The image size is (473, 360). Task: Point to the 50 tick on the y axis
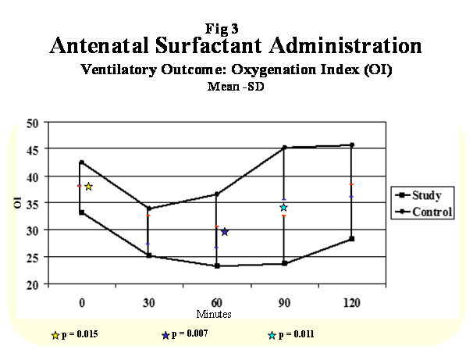33,123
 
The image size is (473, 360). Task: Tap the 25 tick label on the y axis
33,258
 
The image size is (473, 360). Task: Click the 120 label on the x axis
352,303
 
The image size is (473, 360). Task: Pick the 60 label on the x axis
216,303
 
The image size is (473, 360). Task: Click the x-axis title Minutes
214,314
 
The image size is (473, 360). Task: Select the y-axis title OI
18,202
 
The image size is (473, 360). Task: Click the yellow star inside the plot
88,187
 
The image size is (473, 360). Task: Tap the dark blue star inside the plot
225,232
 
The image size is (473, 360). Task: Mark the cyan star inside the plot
283,207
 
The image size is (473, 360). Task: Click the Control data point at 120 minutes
352,144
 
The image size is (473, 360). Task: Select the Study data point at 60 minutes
217,266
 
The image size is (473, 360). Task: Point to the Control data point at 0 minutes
81,162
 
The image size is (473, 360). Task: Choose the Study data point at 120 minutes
352,239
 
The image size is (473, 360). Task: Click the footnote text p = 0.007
190,333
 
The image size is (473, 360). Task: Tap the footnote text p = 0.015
80,334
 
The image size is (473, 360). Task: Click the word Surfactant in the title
208,45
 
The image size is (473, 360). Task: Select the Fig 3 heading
222,29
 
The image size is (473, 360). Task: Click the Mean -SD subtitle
236,87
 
